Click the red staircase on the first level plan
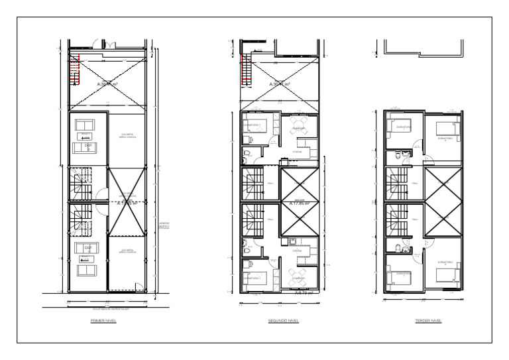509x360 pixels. click(x=76, y=69)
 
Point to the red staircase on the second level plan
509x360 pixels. click(x=246, y=69)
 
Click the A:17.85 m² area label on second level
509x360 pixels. click(x=300, y=204)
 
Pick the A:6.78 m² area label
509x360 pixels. click(x=303, y=291)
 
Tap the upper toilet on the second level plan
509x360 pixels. click(x=247, y=155)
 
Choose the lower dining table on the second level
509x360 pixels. click(x=297, y=275)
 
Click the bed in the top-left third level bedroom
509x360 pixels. click(x=397, y=127)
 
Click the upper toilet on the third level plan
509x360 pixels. click(x=399, y=156)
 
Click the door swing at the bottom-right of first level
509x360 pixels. click(x=139, y=287)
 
